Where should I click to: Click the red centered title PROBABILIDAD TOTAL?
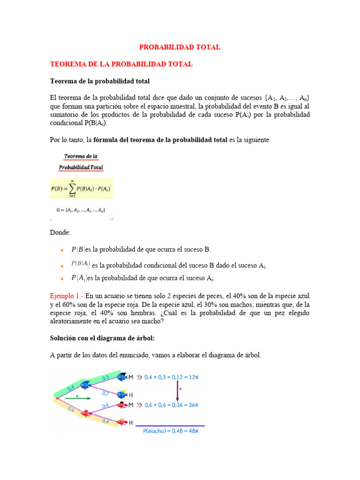tap(180, 47)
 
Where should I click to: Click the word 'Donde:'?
tap(60, 232)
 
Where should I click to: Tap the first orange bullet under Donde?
tap(61, 250)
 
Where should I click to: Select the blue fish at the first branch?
tap(85, 385)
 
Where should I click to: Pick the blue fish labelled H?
tap(122, 395)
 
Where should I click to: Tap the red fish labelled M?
tap(122, 405)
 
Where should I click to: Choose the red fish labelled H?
tap(122, 422)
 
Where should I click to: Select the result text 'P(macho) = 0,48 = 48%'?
tap(170, 430)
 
